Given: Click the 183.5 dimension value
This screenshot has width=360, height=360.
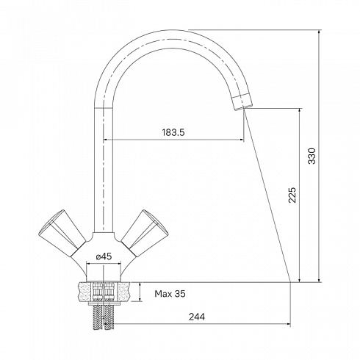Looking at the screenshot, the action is click(173, 132).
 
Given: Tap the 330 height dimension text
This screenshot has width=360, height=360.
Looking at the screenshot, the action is click(312, 156).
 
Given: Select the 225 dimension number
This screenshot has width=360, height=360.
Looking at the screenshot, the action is click(292, 195).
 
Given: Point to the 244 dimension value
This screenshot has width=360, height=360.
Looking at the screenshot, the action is click(197, 317).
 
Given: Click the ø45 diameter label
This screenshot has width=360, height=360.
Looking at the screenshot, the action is click(104, 256).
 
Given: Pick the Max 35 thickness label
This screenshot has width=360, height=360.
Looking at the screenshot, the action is click(170, 294).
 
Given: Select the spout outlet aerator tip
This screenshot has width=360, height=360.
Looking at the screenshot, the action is click(242, 101).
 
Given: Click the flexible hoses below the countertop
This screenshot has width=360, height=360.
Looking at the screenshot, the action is click(104, 317).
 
